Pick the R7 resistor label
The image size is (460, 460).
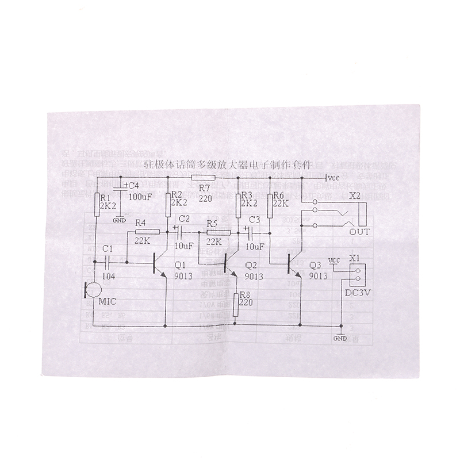204,187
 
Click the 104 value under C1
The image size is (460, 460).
109,276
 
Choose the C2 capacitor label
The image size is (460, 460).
184,218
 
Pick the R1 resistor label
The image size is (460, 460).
105,196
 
